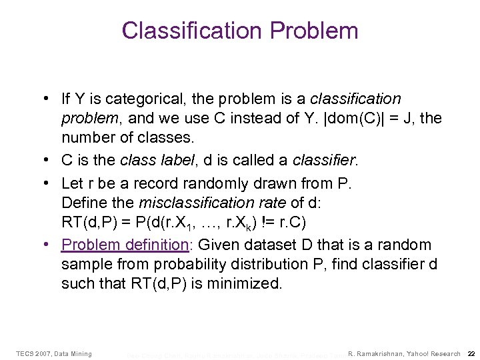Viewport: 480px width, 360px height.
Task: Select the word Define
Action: pos(81,203)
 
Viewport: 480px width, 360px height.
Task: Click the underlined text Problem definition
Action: pos(123,245)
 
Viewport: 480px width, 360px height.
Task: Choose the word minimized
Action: pos(246,284)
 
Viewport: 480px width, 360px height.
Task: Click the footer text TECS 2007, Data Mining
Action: pos(53,353)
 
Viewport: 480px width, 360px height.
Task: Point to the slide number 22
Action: pos(471,353)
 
